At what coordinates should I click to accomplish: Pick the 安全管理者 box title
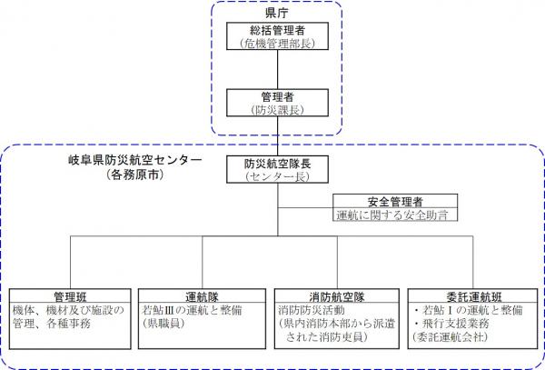393,202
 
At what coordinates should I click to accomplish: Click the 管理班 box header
69,296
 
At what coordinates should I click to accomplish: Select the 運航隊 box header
202,296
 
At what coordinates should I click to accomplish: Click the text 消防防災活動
309,310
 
